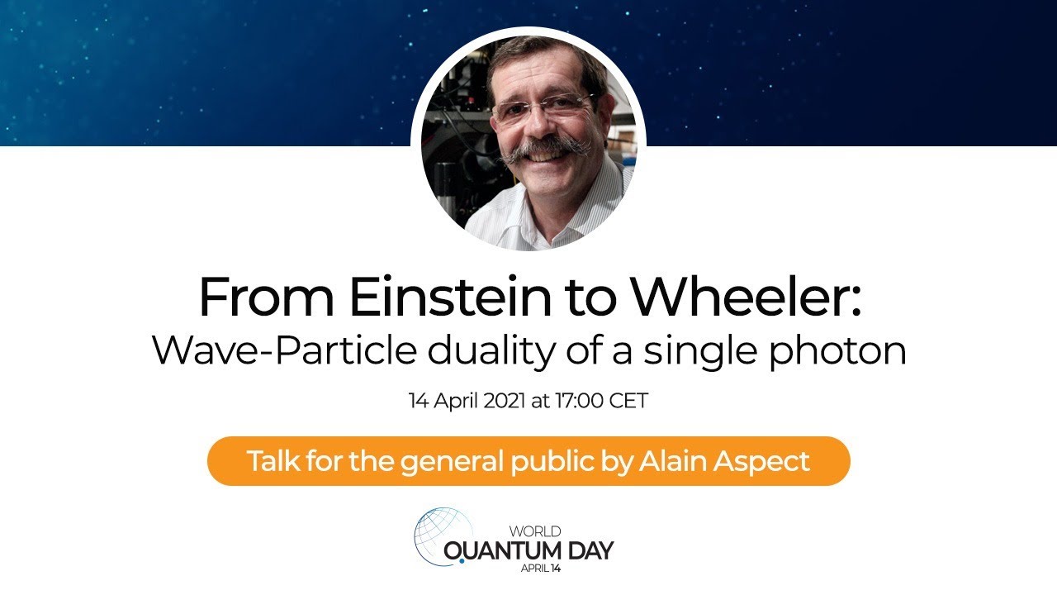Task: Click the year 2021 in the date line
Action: tap(504, 402)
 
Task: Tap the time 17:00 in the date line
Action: tap(578, 402)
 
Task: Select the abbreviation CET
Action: tap(629, 402)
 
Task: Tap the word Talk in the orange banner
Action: tap(272, 460)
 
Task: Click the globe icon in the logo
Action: tap(438, 535)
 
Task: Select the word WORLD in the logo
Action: tap(535, 531)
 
